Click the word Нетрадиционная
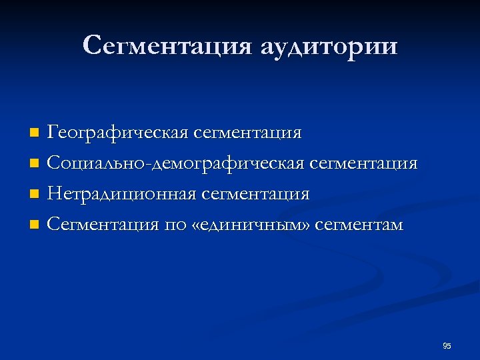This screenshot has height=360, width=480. point(122,194)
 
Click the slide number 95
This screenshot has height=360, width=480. point(447,345)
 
